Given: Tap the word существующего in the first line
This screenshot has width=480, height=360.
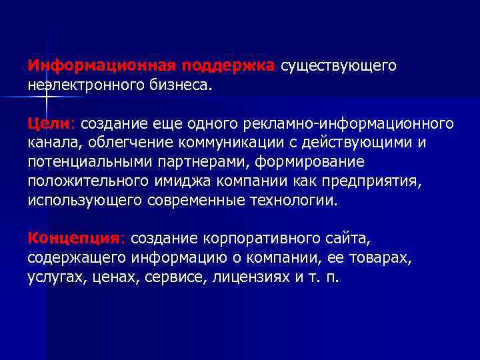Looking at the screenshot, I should (338, 66).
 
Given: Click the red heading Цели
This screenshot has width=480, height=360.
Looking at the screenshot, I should (52, 124).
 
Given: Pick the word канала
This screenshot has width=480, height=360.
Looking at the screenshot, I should (50, 143).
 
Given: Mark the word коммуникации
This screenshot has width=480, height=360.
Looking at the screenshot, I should (230, 143).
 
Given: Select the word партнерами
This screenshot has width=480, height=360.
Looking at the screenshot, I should (187, 162).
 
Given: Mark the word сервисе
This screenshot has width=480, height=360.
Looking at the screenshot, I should (176, 276).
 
